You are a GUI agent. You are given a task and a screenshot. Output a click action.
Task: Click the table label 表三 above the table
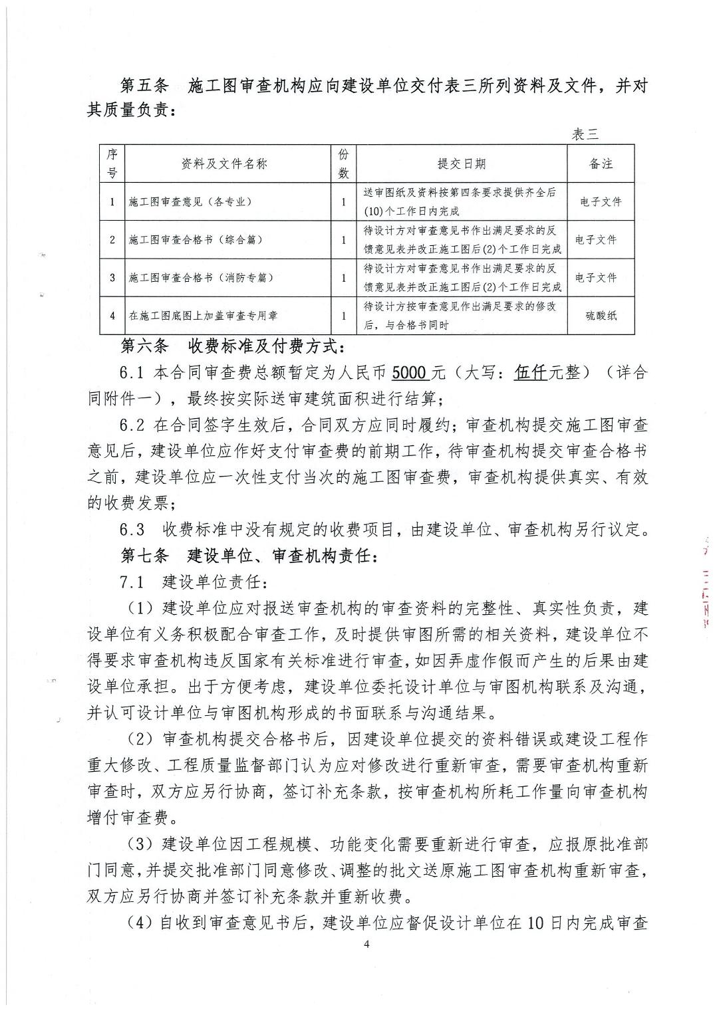585,134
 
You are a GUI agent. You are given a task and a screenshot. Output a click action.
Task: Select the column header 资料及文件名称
224,164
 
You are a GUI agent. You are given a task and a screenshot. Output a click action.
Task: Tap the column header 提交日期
461,164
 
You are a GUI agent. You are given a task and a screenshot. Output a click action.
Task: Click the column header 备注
601,164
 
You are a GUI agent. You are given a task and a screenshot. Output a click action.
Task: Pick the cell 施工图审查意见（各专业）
190,201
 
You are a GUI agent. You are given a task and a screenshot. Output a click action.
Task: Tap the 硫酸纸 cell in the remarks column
601,316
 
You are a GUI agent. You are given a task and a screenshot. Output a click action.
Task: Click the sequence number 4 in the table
112,316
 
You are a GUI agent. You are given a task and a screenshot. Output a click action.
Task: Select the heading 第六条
145,347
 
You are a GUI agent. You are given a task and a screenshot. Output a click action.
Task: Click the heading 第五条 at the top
145,86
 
